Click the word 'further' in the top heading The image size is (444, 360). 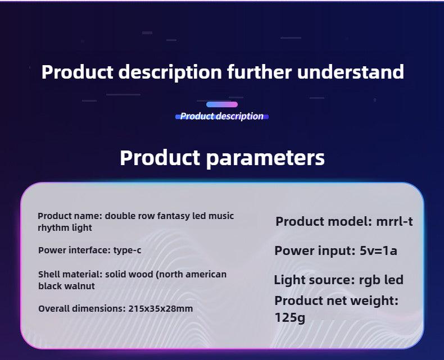coord(259,71)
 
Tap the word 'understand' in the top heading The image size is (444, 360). coord(351,71)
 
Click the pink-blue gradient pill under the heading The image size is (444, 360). coord(222,104)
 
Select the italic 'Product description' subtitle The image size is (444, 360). coord(221,116)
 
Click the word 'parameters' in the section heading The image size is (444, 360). coord(265,158)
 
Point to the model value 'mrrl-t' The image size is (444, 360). coord(394,221)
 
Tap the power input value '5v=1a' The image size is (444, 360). coord(378,250)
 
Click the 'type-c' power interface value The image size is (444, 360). coord(127,250)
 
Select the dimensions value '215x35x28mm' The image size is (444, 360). coord(161,308)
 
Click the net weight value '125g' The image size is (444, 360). coord(289,317)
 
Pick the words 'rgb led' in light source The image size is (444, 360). coord(381,280)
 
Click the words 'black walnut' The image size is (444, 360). coord(66,286)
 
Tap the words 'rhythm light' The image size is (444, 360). coord(65,228)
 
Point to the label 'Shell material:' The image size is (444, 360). coord(70,274)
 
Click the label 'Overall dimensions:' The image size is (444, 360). coord(82,308)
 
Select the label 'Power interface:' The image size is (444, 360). coord(75,250)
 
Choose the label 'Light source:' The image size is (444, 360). coord(315,280)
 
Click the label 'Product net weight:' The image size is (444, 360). coord(337,300)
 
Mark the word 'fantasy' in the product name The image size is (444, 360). coord(174,216)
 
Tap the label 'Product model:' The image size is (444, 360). coord(324,221)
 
